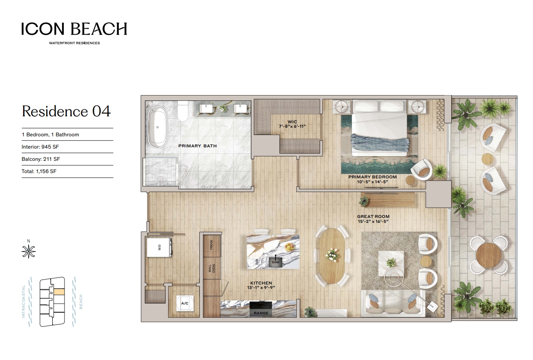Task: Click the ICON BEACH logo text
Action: (x=74, y=29)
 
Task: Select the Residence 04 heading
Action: (x=66, y=111)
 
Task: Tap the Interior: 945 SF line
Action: (x=40, y=147)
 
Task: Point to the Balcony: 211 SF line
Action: (x=41, y=159)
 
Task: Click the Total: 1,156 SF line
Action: (x=39, y=171)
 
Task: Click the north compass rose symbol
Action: (x=29, y=251)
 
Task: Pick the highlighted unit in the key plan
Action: (x=59, y=291)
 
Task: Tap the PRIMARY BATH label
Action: (x=198, y=146)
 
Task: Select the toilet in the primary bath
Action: (x=183, y=111)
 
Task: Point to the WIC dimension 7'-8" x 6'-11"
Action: (x=292, y=127)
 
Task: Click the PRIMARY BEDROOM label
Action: (x=372, y=177)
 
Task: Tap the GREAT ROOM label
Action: (x=373, y=216)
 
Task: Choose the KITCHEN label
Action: (x=261, y=283)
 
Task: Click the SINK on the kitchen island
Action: (x=276, y=262)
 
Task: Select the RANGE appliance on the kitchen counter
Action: (x=261, y=309)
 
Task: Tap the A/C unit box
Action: (x=185, y=303)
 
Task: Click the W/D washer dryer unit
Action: (x=159, y=247)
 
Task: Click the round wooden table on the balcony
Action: (x=489, y=256)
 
